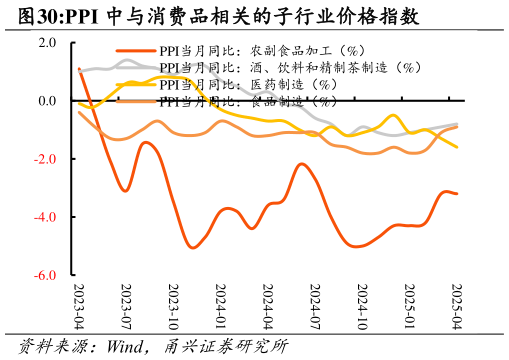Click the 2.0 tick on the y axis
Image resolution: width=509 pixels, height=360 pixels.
47,43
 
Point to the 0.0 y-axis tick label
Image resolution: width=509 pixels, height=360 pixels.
47,101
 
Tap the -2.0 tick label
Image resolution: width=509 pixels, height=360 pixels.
45,159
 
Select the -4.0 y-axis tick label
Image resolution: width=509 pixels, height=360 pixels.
45,217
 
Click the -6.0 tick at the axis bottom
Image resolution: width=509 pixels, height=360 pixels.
45,275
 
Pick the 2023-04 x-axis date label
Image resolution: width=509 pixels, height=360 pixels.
79,306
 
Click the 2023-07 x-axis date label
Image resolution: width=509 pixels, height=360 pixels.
126,306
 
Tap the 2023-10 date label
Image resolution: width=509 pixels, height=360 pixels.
173,306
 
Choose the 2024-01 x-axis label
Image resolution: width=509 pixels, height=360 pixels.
221,306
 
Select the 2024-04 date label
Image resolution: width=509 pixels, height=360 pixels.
268,306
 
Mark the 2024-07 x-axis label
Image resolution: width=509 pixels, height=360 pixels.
315,306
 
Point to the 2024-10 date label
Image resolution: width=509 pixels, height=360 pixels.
363,306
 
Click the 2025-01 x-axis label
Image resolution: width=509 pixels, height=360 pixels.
410,306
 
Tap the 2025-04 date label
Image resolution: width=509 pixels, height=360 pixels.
457,306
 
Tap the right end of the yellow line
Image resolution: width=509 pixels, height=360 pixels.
458,147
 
